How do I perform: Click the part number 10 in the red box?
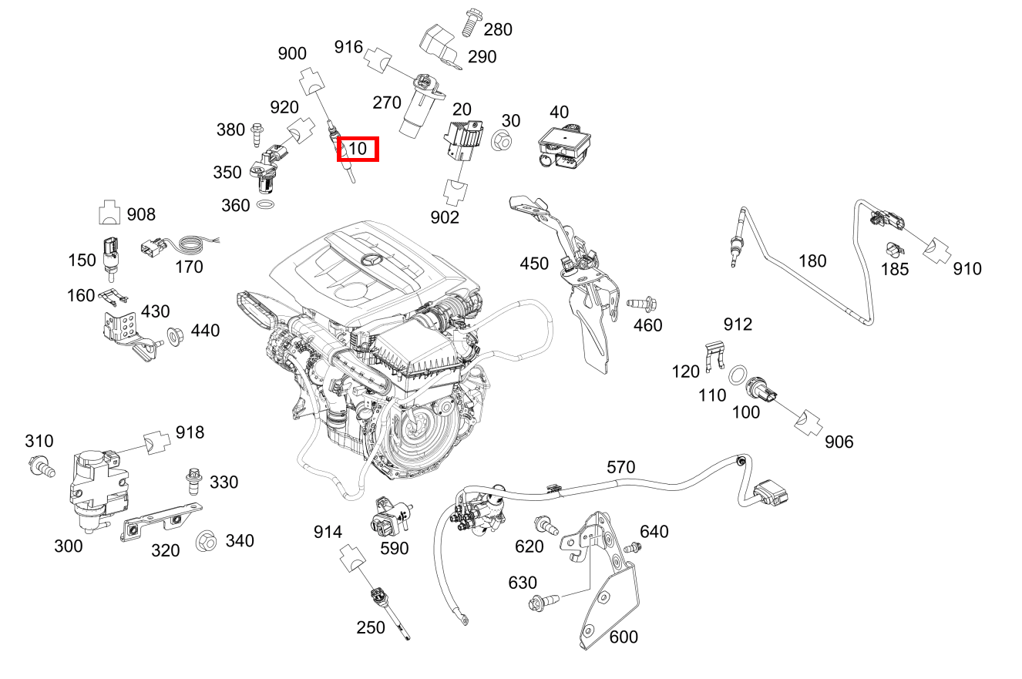coord(358,148)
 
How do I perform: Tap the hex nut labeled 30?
coord(499,141)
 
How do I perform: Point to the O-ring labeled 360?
coord(264,206)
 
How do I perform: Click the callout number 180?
coord(812,261)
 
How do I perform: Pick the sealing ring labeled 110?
coord(738,376)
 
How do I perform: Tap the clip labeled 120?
coord(714,356)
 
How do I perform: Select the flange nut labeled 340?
coord(206,540)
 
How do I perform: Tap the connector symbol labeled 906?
coord(807,422)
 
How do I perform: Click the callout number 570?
coord(620,467)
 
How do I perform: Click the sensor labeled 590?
coord(388,517)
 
